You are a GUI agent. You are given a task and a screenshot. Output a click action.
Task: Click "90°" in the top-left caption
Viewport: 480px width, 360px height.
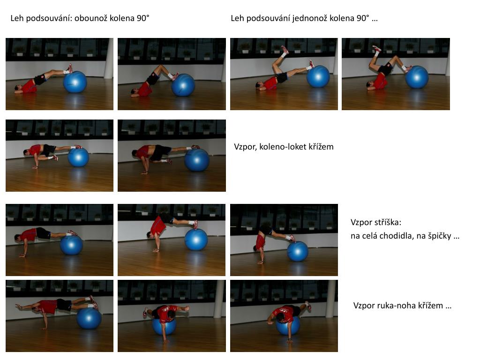[143, 18]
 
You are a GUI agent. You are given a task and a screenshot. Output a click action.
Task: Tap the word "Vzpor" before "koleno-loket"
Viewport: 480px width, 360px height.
[245, 147]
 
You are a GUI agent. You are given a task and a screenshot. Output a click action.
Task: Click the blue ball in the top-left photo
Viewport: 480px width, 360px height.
[75, 82]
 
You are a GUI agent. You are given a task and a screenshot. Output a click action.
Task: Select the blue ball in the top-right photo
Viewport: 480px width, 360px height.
[417, 77]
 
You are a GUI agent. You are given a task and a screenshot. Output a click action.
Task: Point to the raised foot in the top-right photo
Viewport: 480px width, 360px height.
[376, 48]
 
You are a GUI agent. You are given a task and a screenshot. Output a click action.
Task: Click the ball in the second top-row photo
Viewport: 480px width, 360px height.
[183, 85]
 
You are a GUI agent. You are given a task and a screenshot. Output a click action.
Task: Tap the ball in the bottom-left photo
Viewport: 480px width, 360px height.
[89, 318]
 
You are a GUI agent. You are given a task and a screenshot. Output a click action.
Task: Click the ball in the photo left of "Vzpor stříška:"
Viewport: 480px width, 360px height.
[297, 251]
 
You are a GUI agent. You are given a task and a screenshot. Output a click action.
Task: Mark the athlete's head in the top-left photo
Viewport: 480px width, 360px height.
[18, 89]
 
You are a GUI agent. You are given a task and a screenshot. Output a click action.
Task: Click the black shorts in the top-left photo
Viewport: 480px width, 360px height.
[40, 80]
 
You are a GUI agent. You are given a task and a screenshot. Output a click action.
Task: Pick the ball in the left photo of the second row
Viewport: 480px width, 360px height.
[78, 157]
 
